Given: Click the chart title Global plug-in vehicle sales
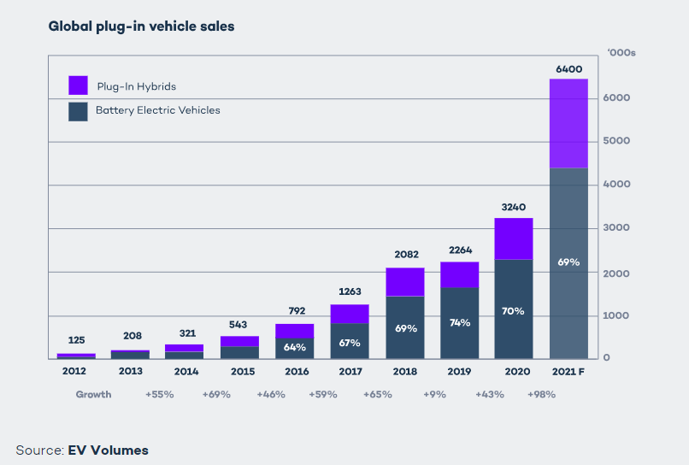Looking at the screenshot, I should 141,26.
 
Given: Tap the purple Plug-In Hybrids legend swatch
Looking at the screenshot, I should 78,85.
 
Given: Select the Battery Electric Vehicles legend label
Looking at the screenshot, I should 157,110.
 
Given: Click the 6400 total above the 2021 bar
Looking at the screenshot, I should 568,68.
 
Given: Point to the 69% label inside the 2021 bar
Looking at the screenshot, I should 568,262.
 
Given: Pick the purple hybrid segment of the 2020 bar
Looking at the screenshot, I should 514,238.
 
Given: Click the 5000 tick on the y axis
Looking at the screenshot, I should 617,141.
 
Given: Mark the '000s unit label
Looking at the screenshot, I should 621,53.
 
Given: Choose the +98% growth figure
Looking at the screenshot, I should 541,394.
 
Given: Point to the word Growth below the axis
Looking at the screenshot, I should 93,394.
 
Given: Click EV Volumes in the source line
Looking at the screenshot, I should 108,450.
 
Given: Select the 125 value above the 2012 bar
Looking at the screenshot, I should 76,341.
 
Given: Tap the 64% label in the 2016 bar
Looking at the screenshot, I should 294,347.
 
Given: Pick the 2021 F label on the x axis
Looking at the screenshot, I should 568,371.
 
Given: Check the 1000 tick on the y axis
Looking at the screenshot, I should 617,315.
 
